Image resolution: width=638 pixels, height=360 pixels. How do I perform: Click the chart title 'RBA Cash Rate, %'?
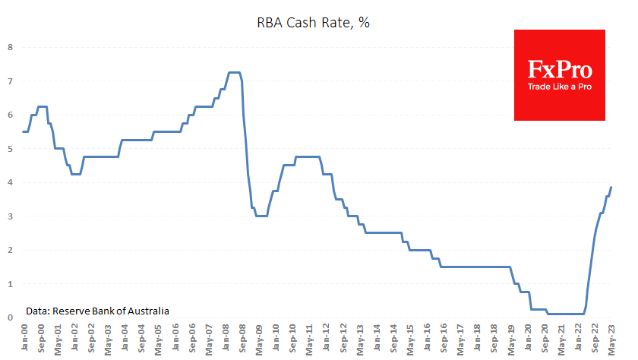(312, 23)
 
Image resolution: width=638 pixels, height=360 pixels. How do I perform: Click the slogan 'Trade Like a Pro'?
(560, 87)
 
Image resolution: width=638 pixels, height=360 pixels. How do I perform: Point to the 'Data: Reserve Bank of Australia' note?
(97, 311)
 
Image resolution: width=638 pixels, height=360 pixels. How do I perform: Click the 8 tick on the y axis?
(10, 47)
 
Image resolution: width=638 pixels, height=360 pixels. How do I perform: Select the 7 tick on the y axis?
(10, 81)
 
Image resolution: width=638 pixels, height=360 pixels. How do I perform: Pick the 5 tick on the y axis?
(10, 149)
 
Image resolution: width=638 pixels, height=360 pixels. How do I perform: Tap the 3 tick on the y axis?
(10, 216)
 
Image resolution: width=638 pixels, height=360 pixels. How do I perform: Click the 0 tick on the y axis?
(10, 317)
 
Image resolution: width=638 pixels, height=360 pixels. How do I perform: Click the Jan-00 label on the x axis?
(25, 337)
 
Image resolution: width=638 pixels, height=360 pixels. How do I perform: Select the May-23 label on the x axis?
(611, 337)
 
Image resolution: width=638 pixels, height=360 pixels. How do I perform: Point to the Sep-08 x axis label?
(242, 337)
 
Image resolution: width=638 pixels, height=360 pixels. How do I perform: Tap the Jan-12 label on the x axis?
(327, 337)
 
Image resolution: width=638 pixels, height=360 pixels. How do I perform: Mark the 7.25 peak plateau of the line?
(235, 72)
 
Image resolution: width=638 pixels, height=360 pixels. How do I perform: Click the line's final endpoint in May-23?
(611, 188)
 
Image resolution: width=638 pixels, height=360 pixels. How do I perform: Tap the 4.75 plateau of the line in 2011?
(308, 157)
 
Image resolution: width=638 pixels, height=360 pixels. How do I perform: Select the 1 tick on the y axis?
(10, 284)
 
